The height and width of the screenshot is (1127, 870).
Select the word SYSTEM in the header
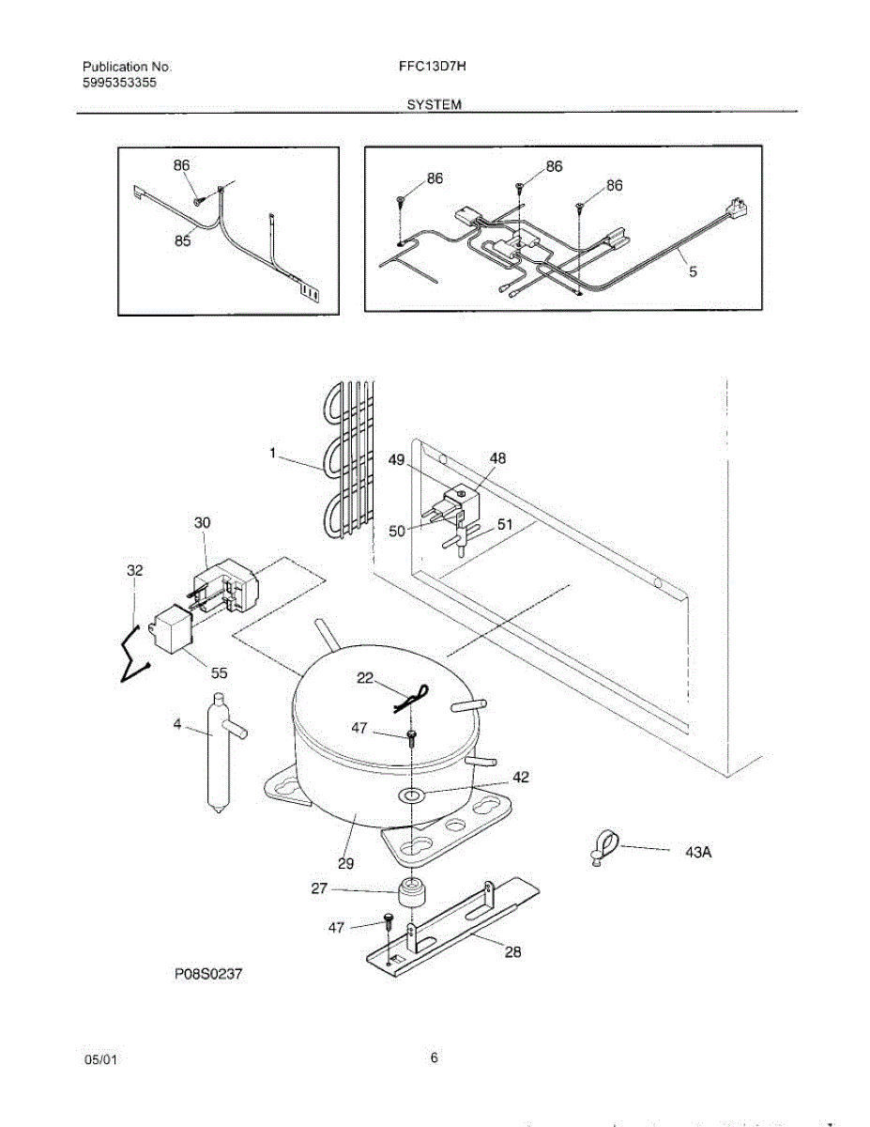point(434,105)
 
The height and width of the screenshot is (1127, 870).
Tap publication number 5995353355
point(119,83)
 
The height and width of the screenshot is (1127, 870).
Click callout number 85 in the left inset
point(182,241)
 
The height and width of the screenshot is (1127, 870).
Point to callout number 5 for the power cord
point(693,274)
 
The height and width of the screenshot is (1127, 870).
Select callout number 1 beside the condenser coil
point(272,453)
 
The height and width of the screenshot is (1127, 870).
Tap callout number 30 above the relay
point(202,524)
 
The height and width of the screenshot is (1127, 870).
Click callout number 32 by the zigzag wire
point(135,570)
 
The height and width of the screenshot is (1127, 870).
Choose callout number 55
point(219,673)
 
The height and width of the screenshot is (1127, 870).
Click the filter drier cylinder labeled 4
point(218,751)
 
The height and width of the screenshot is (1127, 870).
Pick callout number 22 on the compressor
point(365,678)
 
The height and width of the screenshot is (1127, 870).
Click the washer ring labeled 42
point(410,796)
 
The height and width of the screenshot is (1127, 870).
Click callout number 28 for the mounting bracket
point(512,951)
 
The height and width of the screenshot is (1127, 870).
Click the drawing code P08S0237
point(208,975)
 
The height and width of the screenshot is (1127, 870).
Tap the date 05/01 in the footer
point(100,1059)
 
